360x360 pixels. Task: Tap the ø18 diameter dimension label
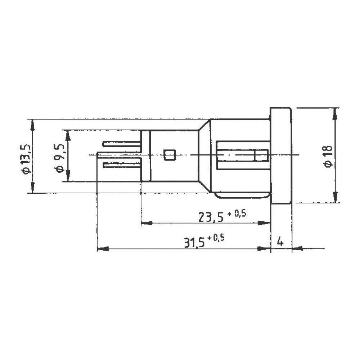[328, 155]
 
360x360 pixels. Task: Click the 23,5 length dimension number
[210, 217]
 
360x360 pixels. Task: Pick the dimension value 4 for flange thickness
[280, 242]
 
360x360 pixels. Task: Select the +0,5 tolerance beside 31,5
[219, 238]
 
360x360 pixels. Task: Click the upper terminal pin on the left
[121, 144]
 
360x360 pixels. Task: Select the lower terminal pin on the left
[121, 165]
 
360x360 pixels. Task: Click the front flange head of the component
[281, 155]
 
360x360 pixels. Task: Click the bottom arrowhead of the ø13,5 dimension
[32, 188]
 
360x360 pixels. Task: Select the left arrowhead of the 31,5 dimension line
[103, 248]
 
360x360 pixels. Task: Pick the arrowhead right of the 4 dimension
[297, 248]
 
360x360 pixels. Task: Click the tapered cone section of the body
[204, 155]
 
